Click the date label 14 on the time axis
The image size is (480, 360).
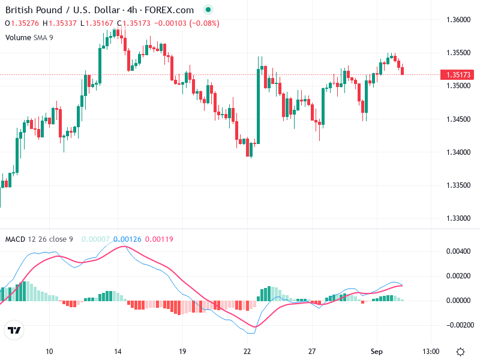click(x=118, y=351)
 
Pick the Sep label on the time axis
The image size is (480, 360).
click(x=377, y=351)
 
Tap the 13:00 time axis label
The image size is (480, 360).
click(x=431, y=351)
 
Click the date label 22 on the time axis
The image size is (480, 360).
click(x=247, y=351)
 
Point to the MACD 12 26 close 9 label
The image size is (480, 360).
click(x=39, y=239)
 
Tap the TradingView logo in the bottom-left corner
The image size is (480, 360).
click(x=14, y=331)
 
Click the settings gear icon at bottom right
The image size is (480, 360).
click(x=460, y=351)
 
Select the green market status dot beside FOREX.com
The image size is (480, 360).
click(x=208, y=10)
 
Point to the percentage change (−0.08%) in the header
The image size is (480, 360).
click(x=204, y=23)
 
